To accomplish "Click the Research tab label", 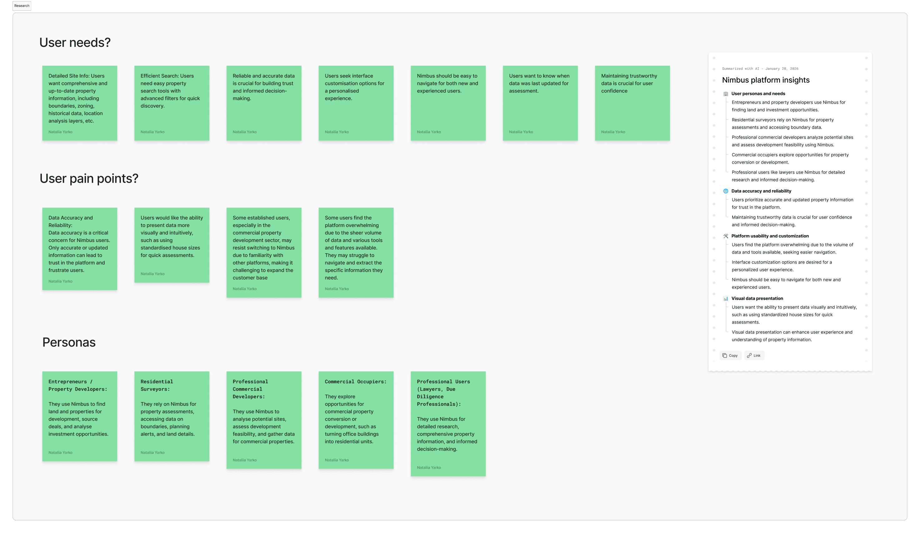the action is point(22,6).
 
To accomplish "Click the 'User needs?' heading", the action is point(75,43).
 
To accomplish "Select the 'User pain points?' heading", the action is point(89,179).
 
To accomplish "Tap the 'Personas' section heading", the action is point(69,343).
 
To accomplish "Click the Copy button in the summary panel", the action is point(730,356).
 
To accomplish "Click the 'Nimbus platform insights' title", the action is point(765,80).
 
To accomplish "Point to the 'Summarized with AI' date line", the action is point(760,69).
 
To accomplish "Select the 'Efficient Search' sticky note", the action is point(171,103).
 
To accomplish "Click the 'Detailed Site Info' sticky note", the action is point(80,103).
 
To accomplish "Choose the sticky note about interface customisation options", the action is point(356,103).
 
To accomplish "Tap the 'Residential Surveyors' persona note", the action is point(171,416).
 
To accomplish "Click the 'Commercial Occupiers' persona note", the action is point(356,420).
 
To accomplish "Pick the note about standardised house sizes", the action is point(171,244).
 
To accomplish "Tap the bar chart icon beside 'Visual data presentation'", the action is point(725,299).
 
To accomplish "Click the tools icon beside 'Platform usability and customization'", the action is point(725,236).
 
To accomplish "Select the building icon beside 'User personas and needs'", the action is point(725,94).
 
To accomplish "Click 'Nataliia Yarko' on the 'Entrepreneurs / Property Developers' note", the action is point(61,453).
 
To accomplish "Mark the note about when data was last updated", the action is point(540,103).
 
